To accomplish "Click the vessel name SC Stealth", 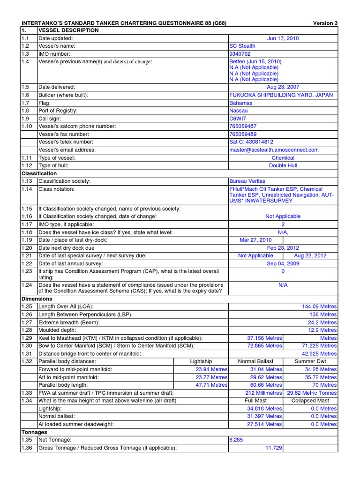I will click(x=242, y=46).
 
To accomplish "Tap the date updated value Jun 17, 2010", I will click(x=283, y=38).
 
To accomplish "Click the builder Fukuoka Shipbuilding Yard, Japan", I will click(x=281, y=95).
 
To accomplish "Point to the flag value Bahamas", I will click(x=240, y=103).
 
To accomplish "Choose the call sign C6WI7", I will click(x=238, y=119).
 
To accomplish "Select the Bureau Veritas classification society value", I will click(x=247, y=181).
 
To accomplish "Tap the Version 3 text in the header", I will click(x=325, y=23).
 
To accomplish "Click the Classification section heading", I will click(x=39, y=173).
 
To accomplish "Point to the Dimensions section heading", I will click(x=37, y=299).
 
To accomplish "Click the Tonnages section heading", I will click(x=34, y=432).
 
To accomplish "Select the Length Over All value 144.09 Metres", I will click(x=319, y=307).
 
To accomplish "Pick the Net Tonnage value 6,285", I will click(x=237, y=440).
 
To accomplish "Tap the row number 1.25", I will click(x=27, y=307).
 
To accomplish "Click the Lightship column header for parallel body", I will click(x=201, y=361).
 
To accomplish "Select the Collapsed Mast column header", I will click(x=310, y=401).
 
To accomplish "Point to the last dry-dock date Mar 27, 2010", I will click(x=255, y=240).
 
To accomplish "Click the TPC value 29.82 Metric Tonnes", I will click(x=312, y=393).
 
